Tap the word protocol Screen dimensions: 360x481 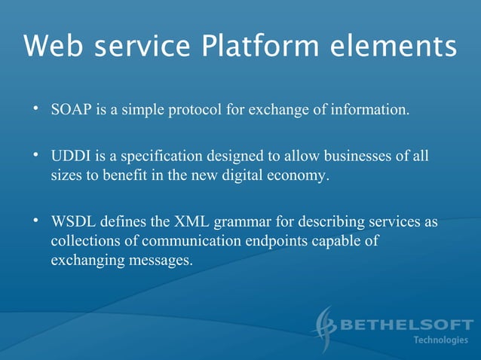tap(194, 111)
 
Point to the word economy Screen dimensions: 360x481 tap(303, 177)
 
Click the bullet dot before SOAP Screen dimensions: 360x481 tap(35, 110)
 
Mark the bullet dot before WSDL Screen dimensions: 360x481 tap(35, 222)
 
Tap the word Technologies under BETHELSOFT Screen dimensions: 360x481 tap(441, 340)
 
